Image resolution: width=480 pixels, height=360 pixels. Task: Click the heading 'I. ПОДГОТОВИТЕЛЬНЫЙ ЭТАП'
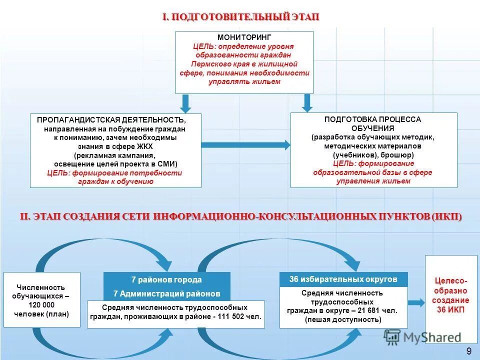(240, 17)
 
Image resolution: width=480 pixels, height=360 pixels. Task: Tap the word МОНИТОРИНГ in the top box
(244, 37)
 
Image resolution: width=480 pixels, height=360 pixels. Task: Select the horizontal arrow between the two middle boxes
(245, 145)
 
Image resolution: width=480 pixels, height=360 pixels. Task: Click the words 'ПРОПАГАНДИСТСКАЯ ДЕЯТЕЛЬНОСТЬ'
(111, 120)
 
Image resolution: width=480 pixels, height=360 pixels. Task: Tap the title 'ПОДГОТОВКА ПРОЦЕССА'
(372, 119)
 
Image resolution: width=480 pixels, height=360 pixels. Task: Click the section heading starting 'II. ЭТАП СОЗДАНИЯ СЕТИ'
(240, 216)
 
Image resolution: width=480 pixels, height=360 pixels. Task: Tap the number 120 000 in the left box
(41, 305)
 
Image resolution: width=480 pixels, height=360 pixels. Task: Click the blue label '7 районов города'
(166, 279)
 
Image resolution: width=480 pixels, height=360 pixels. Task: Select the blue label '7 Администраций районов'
(166, 293)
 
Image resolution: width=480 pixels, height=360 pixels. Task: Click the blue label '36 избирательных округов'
(343, 279)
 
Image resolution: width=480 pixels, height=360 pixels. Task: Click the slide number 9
(468, 351)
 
